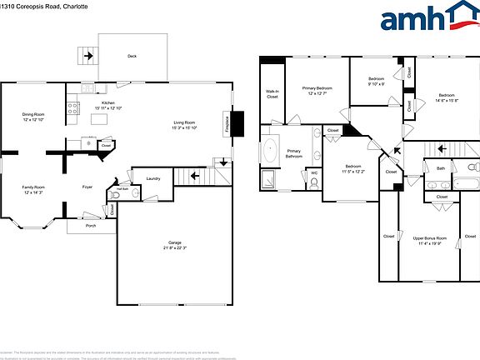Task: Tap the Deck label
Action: click(x=132, y=57)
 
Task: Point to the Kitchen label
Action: click(x=108, y=102)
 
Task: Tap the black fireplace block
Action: click(x=237, y=123)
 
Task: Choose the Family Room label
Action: click(x=34, y=187)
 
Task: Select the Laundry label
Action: click(x=152, y=178)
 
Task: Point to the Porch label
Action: click(x=89, y=225)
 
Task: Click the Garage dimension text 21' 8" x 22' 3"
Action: click(x=175, y=248)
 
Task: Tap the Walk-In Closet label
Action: click(x=272, y=94)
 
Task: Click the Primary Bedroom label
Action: click(x=317, y=87)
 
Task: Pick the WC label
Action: click(x=313, y=173)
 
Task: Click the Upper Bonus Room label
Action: click(x=430, y=238)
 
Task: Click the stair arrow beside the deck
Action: click(x=87, y=57)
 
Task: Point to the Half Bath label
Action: click(x=122, y=189)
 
